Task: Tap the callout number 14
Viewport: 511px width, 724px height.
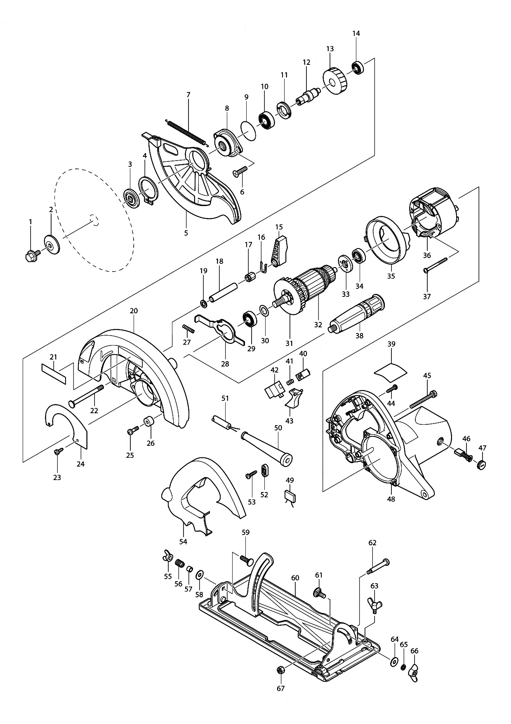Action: (356, 33)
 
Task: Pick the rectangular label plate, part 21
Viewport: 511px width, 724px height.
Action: (54, 374)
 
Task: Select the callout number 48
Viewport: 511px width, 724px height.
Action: (391, 499)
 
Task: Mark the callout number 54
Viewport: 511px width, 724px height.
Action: (183, 542)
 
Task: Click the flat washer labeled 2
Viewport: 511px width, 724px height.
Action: (52, 244)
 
